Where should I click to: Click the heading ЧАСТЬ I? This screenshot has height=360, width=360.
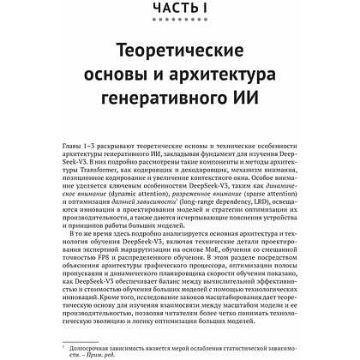pyautogui.click(x=180, y=9)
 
